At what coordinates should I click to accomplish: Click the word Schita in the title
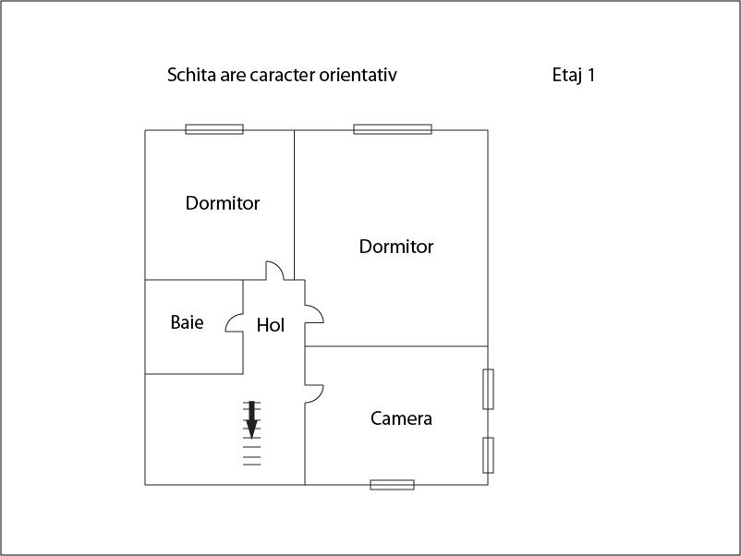(191, 75)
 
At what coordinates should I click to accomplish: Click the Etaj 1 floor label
(573, 75)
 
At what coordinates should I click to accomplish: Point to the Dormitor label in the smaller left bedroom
(223, 203)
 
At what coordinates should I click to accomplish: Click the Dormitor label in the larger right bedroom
(396, 247)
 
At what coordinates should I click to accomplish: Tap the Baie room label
(187, 322)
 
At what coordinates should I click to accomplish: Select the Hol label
(270, 325)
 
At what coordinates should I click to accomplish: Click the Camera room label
(401, 418)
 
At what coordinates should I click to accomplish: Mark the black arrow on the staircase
(251, 420)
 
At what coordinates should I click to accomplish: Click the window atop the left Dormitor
(214, 129)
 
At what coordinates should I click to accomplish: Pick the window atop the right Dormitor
(393, 129)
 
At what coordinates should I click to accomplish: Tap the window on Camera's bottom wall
(392, 484)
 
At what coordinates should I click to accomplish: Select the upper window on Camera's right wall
(488, 389)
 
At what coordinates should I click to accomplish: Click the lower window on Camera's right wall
(488, 454)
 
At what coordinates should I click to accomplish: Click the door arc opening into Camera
(314, 393)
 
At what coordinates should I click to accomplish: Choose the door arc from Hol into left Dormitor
(275, 271)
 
